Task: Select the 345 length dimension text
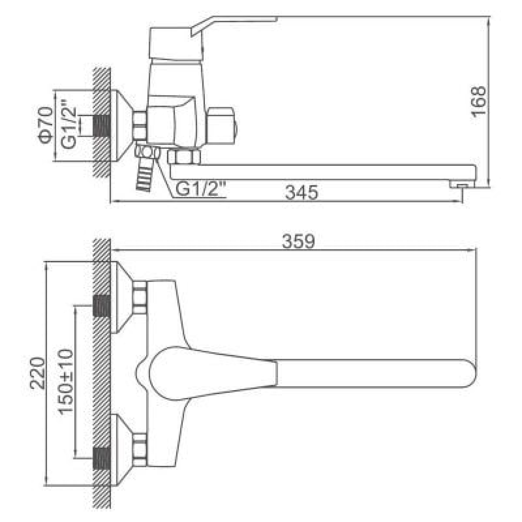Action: [x=302, y=193]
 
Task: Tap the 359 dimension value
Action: [x=298, y=241]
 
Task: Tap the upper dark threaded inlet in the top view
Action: [x=102, y=306]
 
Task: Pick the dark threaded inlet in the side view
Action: [x=102, y=126]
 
